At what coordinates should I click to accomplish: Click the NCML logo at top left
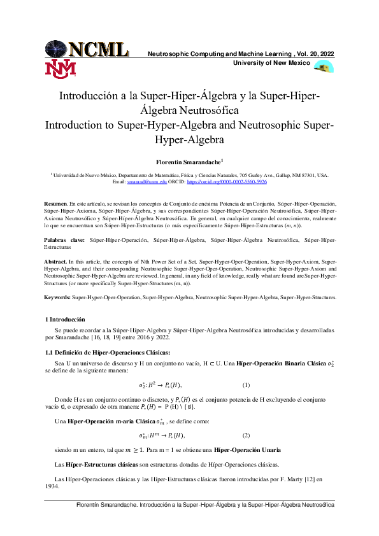pos(87,48)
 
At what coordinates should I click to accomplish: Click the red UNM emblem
pos(61,69)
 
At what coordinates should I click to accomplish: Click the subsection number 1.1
pos(49,352)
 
